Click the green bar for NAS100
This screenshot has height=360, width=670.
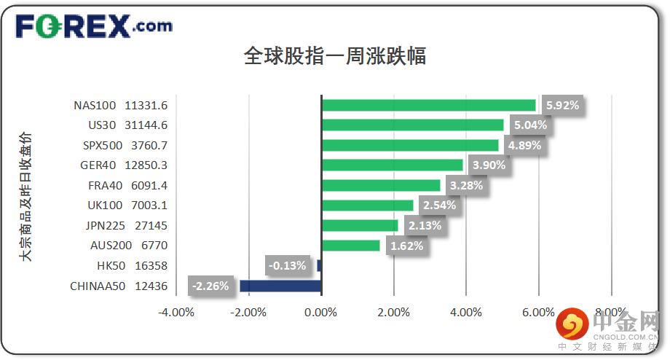428,105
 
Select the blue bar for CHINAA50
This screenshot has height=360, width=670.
280,286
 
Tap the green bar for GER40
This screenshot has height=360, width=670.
392,165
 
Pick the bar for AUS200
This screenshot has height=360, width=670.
350,246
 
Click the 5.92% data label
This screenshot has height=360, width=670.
562,105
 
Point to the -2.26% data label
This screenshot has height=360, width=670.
210,286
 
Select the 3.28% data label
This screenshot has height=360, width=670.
466,185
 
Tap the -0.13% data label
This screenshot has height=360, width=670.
287,265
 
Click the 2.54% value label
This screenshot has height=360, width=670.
439,206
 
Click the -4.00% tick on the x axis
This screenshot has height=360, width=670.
176,313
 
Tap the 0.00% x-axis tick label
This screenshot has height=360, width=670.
321,313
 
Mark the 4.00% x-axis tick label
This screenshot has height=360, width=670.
466,313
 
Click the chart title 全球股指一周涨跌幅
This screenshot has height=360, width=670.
335,56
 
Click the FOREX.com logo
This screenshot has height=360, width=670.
94,27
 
